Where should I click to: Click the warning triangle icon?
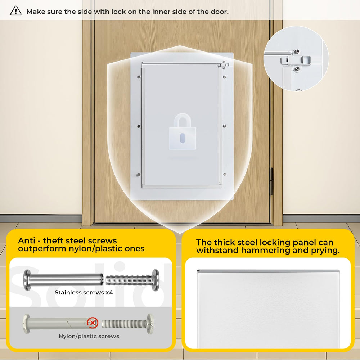click(16, 11)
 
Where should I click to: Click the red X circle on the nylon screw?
click(93, 323)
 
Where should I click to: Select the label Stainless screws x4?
click(84, 292)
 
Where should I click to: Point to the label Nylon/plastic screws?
click(89, 336)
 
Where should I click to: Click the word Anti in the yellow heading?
click(27, 240)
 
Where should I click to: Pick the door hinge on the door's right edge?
click(271, 181)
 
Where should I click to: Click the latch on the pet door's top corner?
click(224, 65)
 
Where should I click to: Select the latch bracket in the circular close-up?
click(296, 60)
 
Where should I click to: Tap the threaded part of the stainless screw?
click(129, 280)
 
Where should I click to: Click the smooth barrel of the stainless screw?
click(66, 280)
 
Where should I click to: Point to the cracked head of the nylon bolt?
click(150, 324)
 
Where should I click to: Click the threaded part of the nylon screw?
click(124, 324)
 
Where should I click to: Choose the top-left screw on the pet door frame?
click(139, 77)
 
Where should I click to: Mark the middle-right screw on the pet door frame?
click(224, 126)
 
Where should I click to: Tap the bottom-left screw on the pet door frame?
click(139, 175)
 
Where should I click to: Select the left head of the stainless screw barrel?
click(27, 280)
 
